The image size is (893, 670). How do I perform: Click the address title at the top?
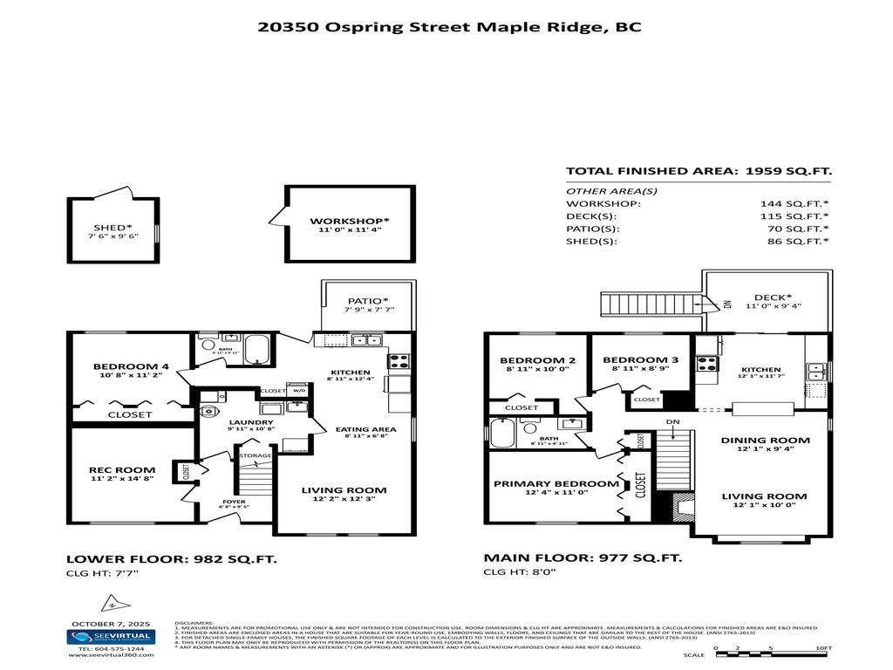pos(450,26)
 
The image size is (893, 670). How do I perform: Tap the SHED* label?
pos(113,227)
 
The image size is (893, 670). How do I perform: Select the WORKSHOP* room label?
pos(349,221)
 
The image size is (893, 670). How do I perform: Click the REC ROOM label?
pos(122,470)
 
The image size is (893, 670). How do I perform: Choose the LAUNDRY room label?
pos(227,421)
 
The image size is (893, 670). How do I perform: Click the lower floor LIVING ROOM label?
pos(344,490)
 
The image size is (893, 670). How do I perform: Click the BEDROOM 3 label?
pos(640,360)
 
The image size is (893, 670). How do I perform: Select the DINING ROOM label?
pos(764,440)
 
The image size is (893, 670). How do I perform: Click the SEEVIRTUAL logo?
pos(111,637)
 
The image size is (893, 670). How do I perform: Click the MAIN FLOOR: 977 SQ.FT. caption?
pos(583,557)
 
